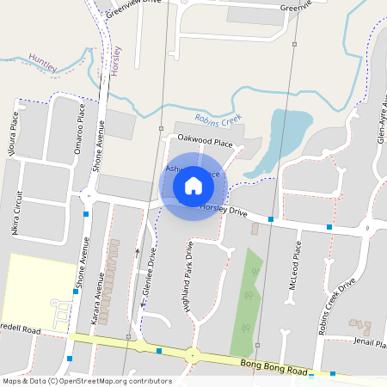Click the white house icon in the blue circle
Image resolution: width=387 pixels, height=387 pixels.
click(x=193, y=185)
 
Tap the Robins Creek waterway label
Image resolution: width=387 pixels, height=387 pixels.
click(x=218, y=120)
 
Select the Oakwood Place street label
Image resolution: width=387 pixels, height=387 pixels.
click(x=205, y=139)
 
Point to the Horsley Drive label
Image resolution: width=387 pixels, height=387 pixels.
click(x=224, y=209)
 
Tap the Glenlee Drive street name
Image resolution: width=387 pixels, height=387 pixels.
click(x=148, y=277)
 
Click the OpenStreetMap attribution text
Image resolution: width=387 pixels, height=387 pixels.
click(x=87, y=381)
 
